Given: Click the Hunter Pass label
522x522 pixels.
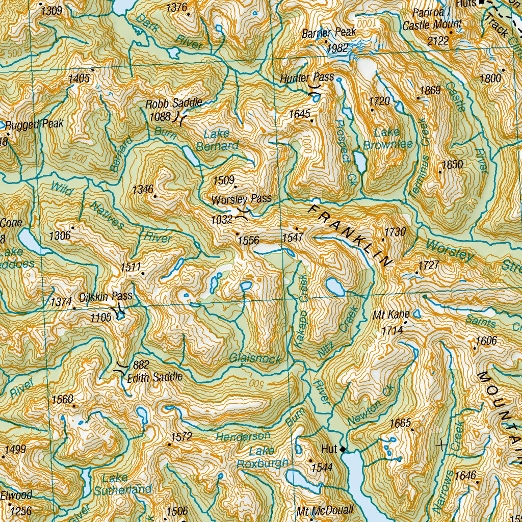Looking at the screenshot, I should [307, 78].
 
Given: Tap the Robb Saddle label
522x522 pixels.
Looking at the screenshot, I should [174, 103].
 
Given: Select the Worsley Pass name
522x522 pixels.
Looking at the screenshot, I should [242, 199].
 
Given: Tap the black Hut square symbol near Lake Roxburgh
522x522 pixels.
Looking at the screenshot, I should [343, 450].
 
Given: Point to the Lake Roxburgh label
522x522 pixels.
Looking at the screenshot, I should [263, 457].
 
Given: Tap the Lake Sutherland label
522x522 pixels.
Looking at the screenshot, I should [123, 484].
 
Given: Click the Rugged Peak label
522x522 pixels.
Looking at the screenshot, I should [35, 124].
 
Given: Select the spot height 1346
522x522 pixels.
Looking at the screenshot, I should [143, 190].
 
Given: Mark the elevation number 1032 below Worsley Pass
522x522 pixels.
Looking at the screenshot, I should [223, 219].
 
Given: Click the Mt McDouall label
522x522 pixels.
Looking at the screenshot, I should [325, 510].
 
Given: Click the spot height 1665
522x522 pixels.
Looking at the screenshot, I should [400, 423].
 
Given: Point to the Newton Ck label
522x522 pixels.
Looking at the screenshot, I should [371, 405].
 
